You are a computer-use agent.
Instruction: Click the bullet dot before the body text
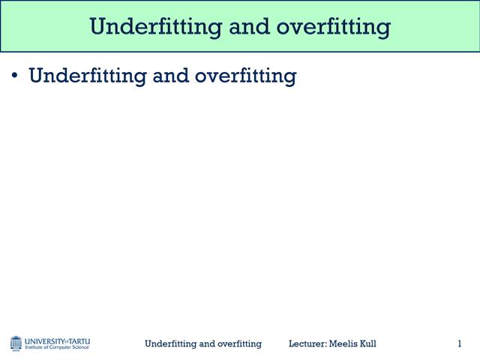pos(14,76)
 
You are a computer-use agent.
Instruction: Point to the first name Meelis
pos(344,343)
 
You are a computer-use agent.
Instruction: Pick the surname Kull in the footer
pos(368,343)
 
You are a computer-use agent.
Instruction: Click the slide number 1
pos(459,343)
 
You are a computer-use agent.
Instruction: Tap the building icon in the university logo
pos(16,343)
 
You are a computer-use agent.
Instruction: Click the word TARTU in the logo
pos(79,340)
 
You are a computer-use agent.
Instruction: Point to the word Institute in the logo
pos(34,347)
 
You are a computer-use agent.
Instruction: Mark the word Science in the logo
pos(81,347)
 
